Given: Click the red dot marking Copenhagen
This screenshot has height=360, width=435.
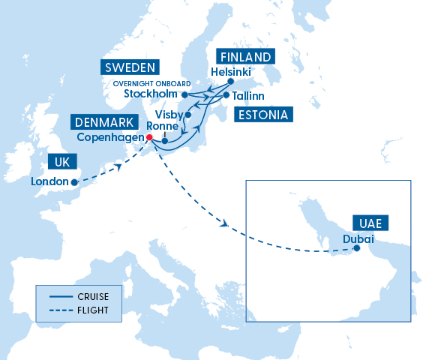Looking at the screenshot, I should pos(148,137).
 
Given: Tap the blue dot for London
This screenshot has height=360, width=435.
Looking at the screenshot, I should pos(74,181).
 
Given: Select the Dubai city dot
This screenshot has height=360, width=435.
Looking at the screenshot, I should pos(356,249).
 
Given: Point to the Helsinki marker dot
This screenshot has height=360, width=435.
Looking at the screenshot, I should pos(231,81).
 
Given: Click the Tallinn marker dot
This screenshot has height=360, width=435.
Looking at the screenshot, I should pos(226,95).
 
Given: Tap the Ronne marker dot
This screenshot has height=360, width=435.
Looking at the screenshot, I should pos(164,140).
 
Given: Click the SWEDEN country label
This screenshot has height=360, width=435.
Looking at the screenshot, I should pos(130,67).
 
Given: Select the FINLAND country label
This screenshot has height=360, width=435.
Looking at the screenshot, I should pos(244,56).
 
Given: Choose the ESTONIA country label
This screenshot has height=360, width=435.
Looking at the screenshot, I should pos(262,115).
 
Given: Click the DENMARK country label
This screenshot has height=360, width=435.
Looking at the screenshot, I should pos(104,122).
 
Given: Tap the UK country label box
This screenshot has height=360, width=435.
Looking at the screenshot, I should pos(62,162).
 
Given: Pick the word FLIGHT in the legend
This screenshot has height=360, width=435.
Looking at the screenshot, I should pos(92,310).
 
